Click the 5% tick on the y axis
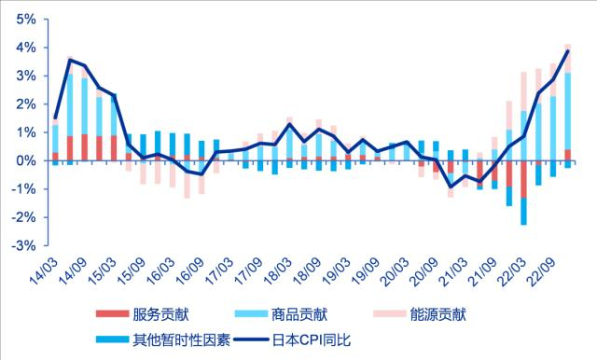click(24, 19)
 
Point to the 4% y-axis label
click(24, 47)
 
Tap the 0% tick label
click(24, 160)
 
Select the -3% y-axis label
click(21, 245)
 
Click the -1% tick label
click(21, 188)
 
